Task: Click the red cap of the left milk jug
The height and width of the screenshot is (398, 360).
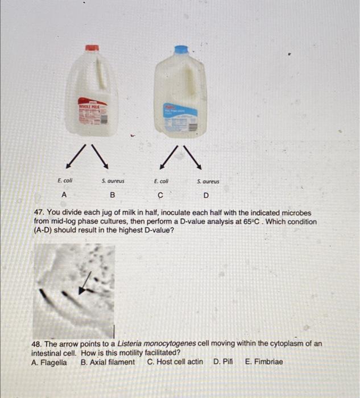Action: (x=92, y=48)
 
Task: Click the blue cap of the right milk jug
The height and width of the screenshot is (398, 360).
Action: (x=181, y=49)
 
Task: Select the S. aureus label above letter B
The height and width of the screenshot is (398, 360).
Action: (x=113, y=181)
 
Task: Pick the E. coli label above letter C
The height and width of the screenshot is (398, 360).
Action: (x=161, y=181)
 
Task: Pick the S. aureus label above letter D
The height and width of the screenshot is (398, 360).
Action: (x=208, y=182)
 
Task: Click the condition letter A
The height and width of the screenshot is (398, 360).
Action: (x=64, y=194)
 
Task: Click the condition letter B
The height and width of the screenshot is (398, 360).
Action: (x=113, y=195)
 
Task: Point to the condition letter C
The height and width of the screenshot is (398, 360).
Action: (x=161, y=196)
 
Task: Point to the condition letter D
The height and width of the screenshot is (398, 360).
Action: (x=206, y=196)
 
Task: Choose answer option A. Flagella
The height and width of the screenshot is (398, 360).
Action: (x=48, y=362)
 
